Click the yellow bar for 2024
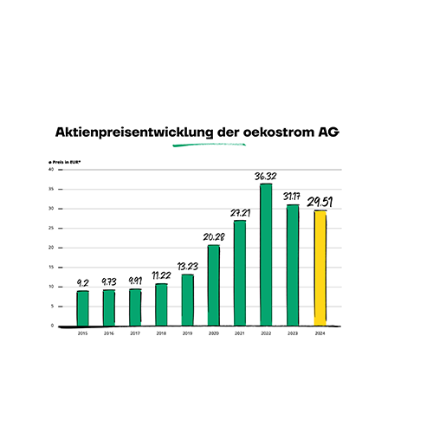319,268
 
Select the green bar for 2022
266,255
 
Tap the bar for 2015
82,307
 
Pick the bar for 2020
213,286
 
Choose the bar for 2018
161,304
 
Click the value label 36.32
266,176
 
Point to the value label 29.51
320,202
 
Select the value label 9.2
82,282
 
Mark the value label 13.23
187,267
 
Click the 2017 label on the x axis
135,333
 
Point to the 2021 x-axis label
240,333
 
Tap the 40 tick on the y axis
51,170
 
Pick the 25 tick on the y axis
51,228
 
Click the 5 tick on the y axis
52,306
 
